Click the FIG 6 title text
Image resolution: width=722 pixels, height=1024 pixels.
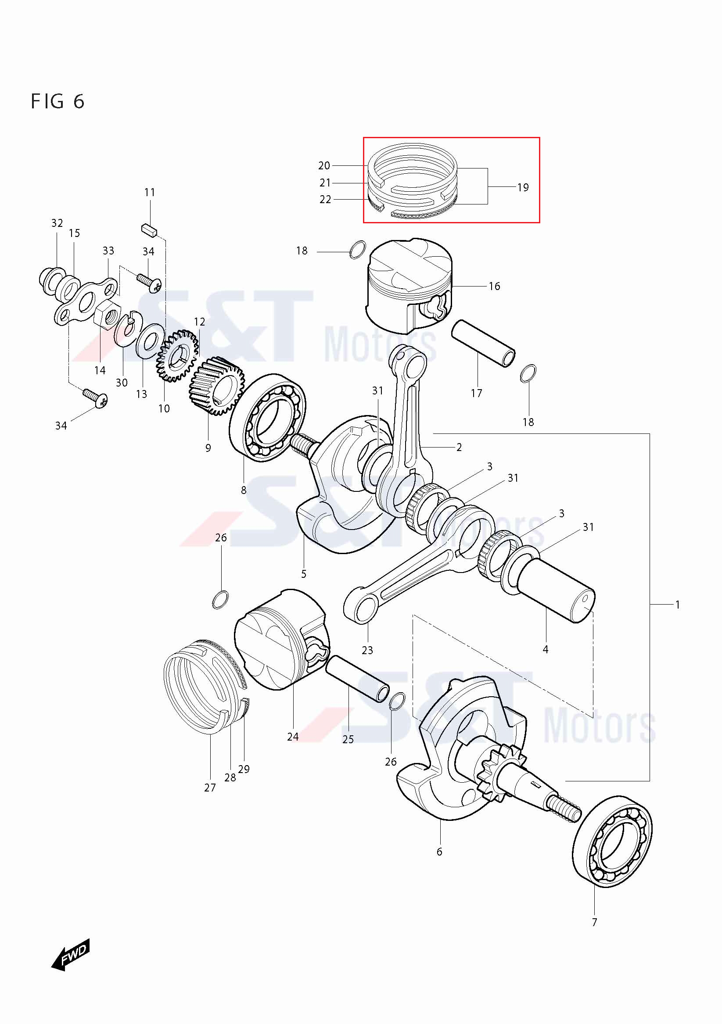(x=57, y=102)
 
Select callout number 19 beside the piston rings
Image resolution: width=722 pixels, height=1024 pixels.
(x=523, y=187)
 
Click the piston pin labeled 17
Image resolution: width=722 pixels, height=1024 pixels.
(x=483, y=343)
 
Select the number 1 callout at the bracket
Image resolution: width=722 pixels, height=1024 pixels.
(x=677, y=605)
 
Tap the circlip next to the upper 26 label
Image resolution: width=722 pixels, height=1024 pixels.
(x=220, y=600)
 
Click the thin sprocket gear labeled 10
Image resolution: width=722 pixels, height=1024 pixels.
(x=177, y=356)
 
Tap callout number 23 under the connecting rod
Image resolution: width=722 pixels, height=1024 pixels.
(x=367, y=650)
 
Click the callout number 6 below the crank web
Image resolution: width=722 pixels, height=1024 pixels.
(x=439, y=852)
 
